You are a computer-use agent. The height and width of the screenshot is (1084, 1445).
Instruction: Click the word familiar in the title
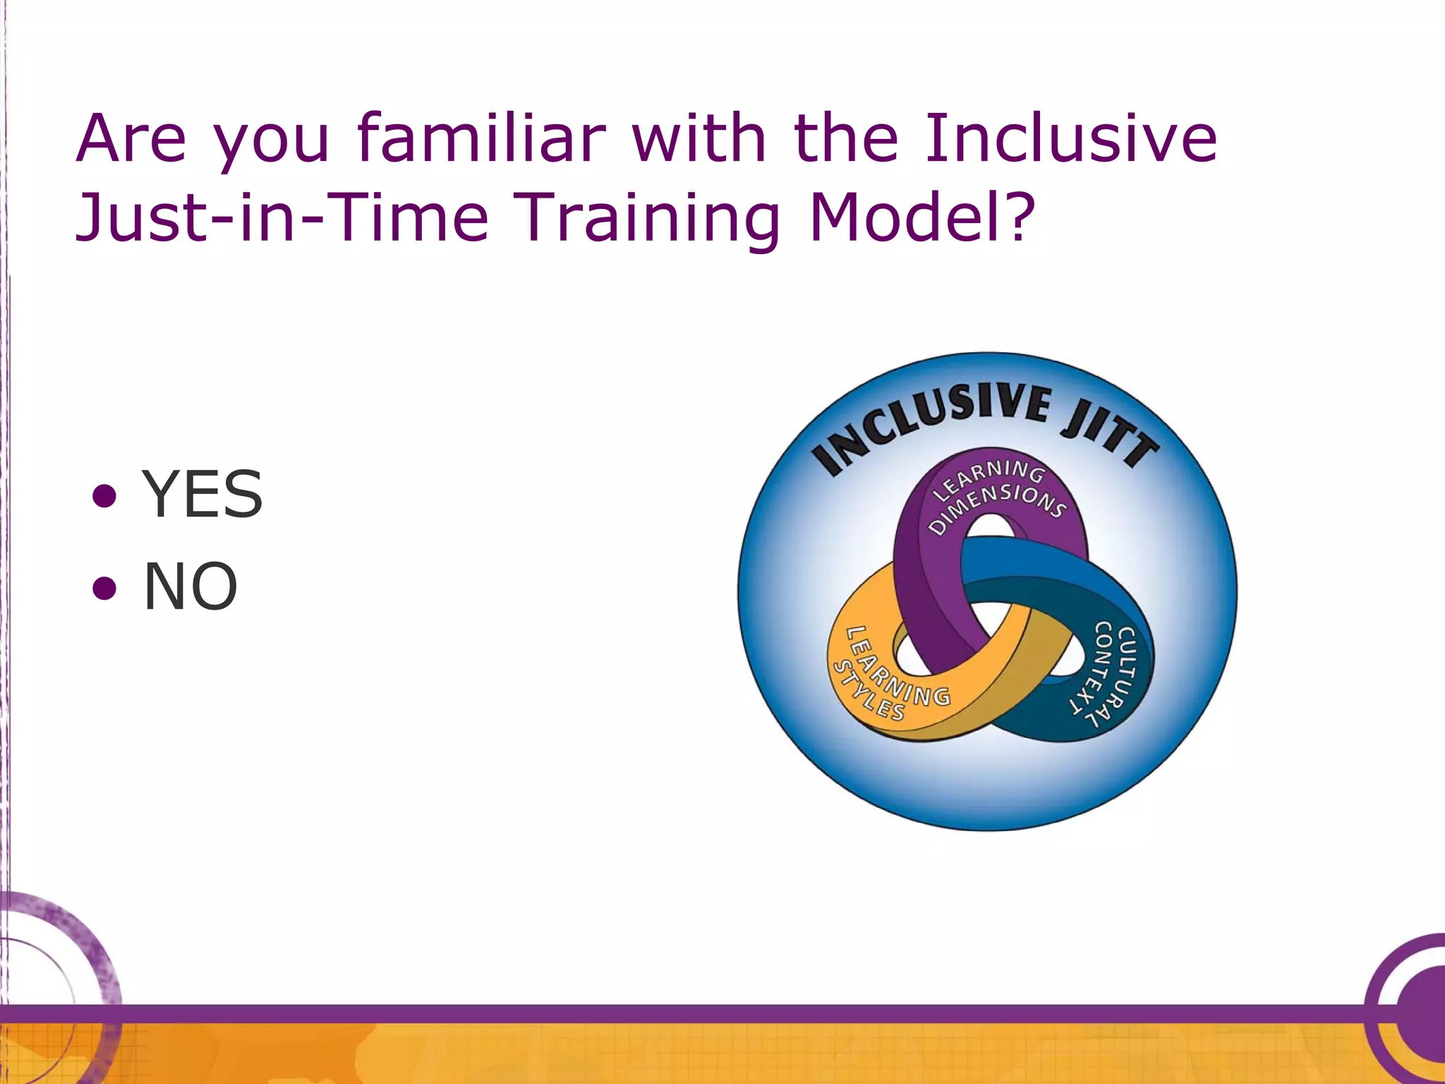click(481, 138)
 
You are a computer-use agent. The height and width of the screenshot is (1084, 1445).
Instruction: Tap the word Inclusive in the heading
click(1071, 138)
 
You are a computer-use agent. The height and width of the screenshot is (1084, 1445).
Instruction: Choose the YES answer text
click(202, 495)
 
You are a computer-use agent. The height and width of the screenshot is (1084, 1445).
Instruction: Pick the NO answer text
click(191, 586)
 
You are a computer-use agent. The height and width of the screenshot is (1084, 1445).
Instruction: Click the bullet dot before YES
click(104, 496)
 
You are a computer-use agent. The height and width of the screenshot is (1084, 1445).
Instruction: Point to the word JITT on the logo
click(1111, 432)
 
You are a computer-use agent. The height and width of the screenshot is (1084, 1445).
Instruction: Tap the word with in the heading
click(699, 138)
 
